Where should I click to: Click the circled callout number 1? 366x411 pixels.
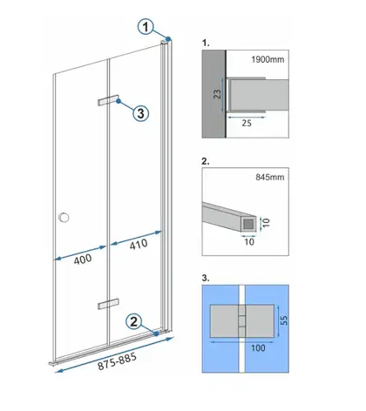tap(146, 27)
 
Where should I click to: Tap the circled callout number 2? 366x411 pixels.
tap(133, 322)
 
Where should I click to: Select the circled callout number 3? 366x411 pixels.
tap(141, 113)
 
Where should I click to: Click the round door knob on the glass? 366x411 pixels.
tap(64, 217)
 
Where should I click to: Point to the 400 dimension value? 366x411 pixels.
tap(83, 259)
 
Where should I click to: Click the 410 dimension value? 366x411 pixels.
tap(139, 245)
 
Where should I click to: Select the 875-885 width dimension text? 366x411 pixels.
tap(117, 361)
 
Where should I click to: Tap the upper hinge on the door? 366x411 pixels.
tap(108, 100)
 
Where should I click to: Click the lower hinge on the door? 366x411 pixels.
tap(108, 304)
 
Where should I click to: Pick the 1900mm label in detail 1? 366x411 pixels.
tap(268, 59)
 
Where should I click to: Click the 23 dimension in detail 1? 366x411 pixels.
tap(217, 94)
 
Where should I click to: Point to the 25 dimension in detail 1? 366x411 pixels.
tap(247, 123)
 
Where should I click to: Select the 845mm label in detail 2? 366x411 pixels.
tap(270, 177)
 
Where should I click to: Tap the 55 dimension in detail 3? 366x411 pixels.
tap(285, 320)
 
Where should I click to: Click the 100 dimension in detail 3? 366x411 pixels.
tap(258, 347)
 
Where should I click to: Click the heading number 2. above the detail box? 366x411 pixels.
tap(206, 161)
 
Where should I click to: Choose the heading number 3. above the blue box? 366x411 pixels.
tap(206, 278)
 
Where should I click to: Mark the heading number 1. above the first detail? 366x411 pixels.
tap(206, 44)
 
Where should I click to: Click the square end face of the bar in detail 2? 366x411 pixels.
tap(248, 224)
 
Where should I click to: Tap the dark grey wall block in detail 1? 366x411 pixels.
tap(213, 94)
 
